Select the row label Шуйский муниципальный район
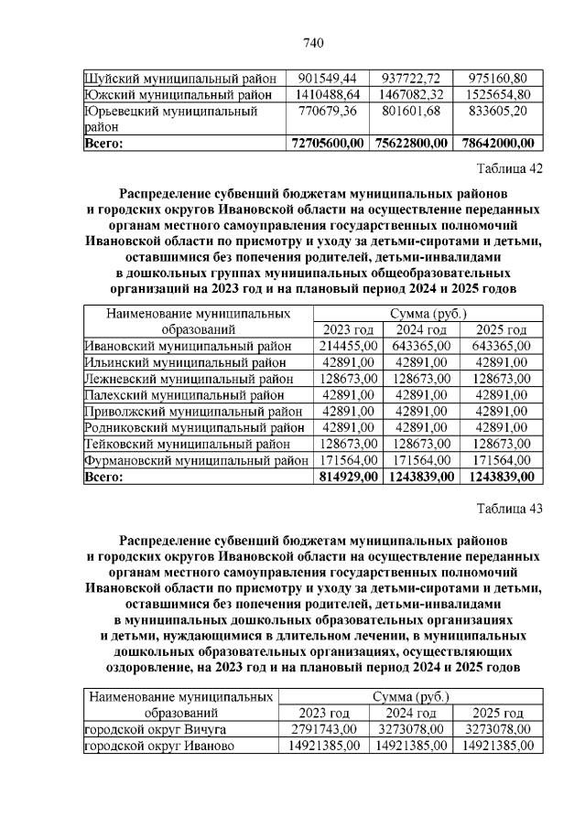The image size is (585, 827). tap(178, 78)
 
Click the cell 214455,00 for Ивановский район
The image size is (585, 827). tap(348, 346)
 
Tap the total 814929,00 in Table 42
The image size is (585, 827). tap(347, 477)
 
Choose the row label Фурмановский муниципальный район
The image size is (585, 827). tap(196, 460)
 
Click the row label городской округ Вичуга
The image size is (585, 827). tap(155, 729)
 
